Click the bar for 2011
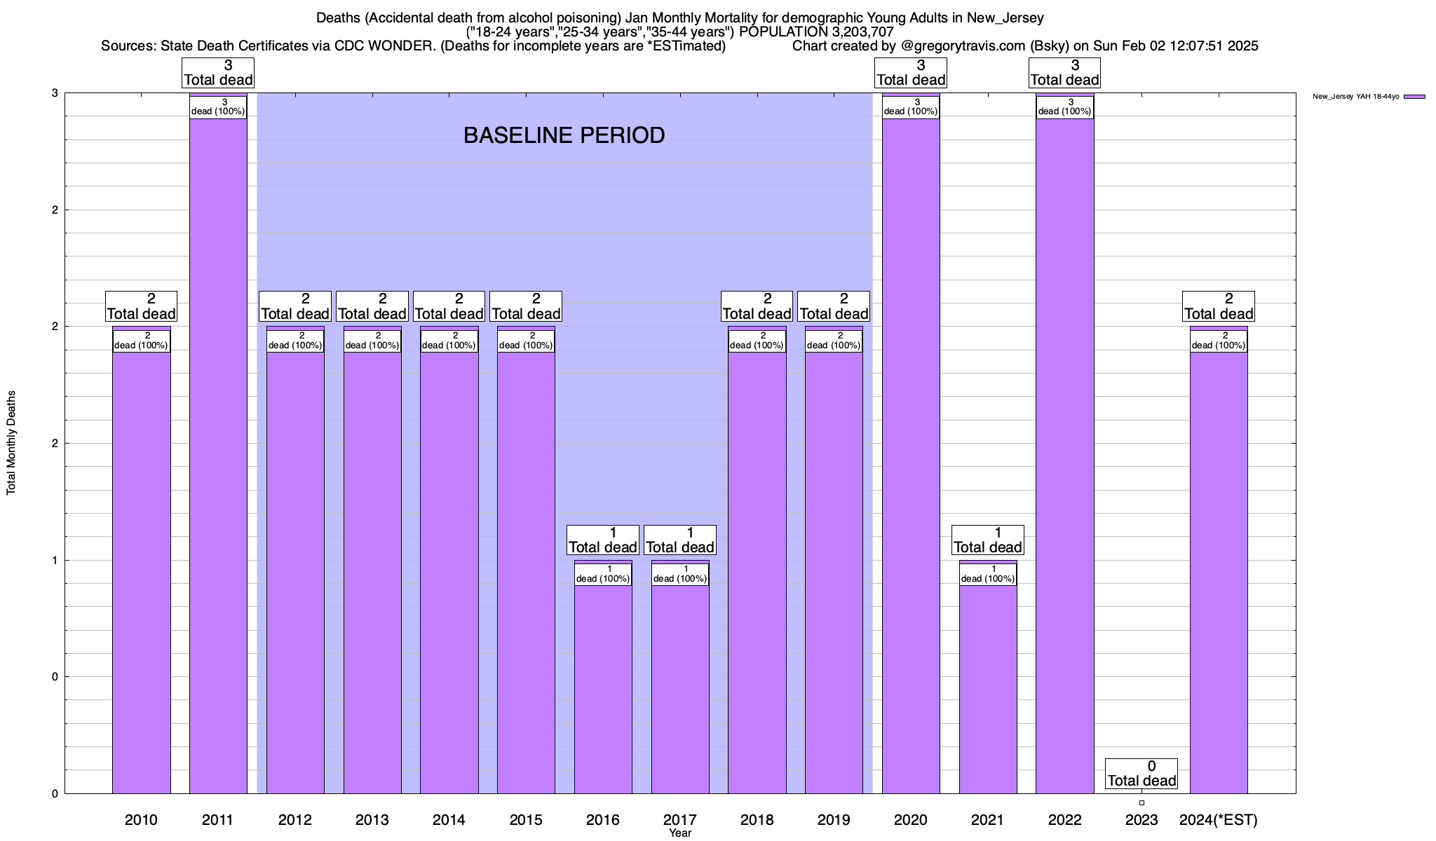pyautogui.click(x=218, y=456)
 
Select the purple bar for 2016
pyautogui.click(x=603, y=687)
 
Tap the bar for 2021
pyautogui.click(x=988, y=687)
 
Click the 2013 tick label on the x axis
pyautogui.click(x=372, y=819)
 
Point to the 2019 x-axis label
pyautogui.click(x=834, y=819)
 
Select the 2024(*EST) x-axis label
pyautogui.click(x=1219, y=819)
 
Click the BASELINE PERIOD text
pyautogui.click(x=564, y=135)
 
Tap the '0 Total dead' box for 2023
pyautogui.click(x=1142, y=774)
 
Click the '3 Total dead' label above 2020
pyautogui.click(x=911, y=73)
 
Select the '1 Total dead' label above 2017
pyautogui.click(x=680, y=540)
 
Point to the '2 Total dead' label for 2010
pyautogui.click(x=141, y=306)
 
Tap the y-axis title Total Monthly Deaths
pyautogui.click(x=11, y=443)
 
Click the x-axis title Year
pyautogui.click(x=680, y=833)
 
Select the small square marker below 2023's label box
pyautogui.click(x=1142, y=802)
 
